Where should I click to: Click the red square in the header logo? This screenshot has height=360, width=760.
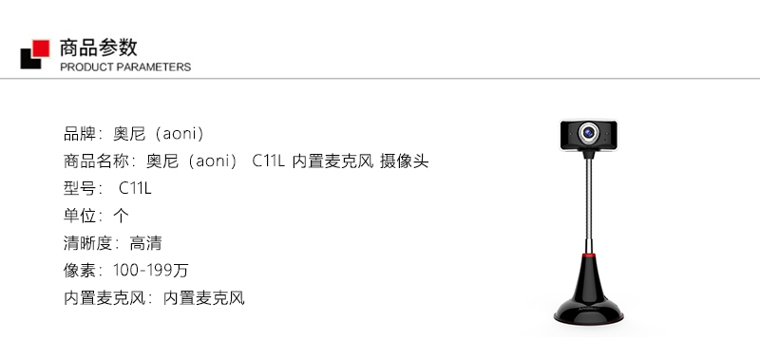click(x=41, y=48)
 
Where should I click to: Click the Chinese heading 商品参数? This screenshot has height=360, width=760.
click(x=99, y=47)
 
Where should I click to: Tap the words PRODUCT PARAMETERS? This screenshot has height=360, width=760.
click(x=125, y=66)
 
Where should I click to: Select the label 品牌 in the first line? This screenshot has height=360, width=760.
click(x=80, y=134)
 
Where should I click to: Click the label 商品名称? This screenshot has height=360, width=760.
click(x=97, y=161)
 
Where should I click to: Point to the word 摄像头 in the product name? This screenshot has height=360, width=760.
click(x=405, y=161)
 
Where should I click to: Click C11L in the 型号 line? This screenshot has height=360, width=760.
click(x=135, y=188)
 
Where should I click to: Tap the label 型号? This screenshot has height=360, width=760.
click(x=80, y=188)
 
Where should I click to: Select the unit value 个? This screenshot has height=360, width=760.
click(x=121, y=216)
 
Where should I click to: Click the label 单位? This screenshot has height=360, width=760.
click(x=80, y=216)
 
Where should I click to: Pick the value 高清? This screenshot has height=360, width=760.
click(x=145, y=243)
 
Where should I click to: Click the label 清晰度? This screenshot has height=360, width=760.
click(x=88, y=243)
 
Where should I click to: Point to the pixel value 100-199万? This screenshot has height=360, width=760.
click(x=150, y=271)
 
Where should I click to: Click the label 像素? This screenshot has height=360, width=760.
click(x=80, y=271)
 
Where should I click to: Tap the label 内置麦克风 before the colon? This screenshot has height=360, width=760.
click(x=104, y=298)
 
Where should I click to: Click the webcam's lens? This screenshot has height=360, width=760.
click(x=589, y=132)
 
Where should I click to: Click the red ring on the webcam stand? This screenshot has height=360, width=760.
click(x=589, y=255)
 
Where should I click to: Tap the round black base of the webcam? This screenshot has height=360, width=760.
click(x=589, y=313)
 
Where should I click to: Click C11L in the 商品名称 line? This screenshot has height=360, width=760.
click(x=268, y=161)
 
